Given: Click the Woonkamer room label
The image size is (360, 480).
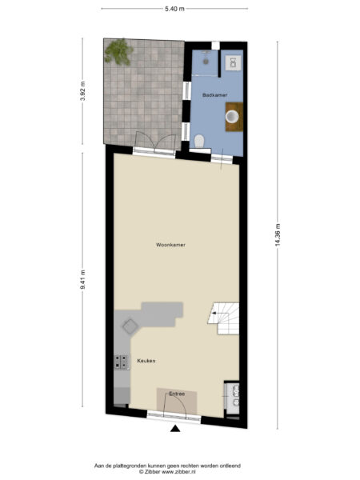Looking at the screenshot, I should click(170, 245).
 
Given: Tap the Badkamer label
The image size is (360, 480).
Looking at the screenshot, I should click(214, 94).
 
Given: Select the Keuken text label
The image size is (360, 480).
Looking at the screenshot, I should click(146, 361).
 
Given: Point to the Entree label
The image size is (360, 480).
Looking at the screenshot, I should click(177, 394).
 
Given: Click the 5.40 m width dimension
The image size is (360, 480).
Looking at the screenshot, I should click(174, 8).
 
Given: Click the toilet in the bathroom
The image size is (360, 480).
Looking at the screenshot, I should click(200, 142).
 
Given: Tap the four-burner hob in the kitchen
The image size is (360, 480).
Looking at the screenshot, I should click(122, 363).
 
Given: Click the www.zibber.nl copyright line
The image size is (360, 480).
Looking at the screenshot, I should click(168, 472).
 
